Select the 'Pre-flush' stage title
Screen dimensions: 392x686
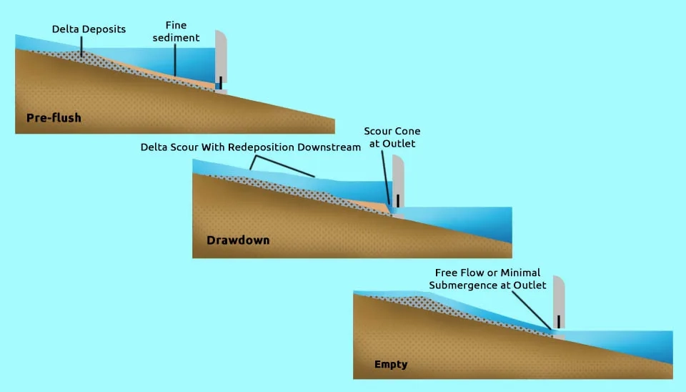click(54, 118)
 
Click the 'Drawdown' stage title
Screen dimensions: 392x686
click(238, 240)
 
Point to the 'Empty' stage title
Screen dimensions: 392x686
click(391, 365)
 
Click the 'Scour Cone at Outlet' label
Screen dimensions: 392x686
click(392, 137)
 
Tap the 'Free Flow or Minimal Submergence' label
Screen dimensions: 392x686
click(488, 279)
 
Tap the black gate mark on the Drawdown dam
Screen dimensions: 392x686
click(397, 200)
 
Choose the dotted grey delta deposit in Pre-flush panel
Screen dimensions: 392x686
click(107, 64)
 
